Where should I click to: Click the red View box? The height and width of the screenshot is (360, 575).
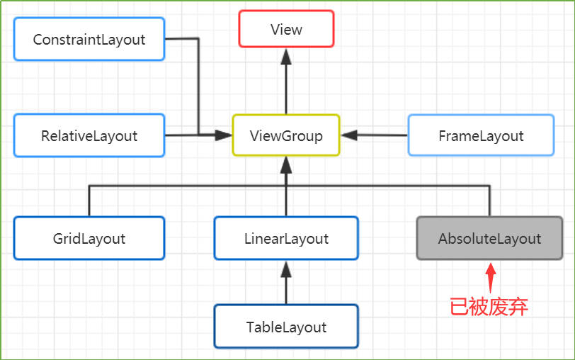tap(286, 29)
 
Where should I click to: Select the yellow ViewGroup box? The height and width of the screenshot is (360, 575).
tap(286, 135)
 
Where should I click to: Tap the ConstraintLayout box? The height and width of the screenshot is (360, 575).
tap(89, 39)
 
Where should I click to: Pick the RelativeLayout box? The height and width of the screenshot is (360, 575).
tap(89, 135)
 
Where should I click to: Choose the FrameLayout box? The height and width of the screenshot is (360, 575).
tap(481, 135)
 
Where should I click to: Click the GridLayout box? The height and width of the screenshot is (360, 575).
tap(89, 238)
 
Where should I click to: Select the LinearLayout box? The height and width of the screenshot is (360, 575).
tap(286, 238)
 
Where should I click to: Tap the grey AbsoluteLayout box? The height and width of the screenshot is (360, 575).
tap(489, 238)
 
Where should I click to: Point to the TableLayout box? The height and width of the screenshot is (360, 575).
tap(286, 327)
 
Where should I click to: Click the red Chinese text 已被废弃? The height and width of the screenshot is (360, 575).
tap(489, 307)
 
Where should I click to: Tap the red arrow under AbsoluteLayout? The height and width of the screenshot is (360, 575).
tap(491, 278)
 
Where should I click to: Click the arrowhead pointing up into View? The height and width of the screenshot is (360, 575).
tap(286, 57)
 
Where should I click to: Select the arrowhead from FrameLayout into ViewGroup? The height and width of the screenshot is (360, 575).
tap(350, 135)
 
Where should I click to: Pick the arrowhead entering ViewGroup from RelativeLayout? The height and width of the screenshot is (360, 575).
tap(223, 135)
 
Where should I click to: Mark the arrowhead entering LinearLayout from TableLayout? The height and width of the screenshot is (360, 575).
tap(286, 269)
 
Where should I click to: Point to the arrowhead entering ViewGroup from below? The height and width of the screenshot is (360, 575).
tap(286, 165)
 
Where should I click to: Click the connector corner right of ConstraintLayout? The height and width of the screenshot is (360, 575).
tap(198, 38)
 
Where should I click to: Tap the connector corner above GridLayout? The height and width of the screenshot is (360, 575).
tap(89, 186)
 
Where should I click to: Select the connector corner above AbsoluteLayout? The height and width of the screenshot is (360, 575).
tap(489, 186)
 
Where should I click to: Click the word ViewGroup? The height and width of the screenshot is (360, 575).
tap(286, 136)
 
